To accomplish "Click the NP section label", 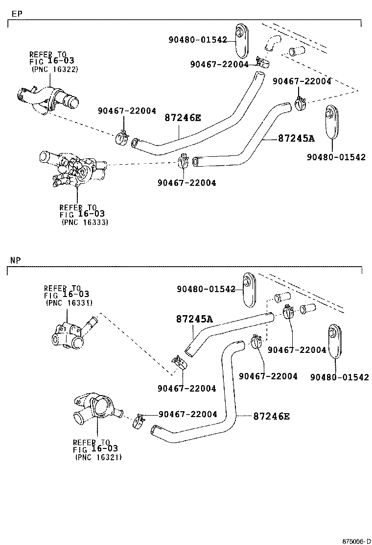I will click(16, 260).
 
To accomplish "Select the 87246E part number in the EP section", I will click(183, 118).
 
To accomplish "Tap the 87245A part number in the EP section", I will click(296, 138).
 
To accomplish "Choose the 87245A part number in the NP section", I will click(194, 319).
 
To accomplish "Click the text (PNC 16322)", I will click(54, 69).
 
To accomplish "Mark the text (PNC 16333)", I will click(85, 222).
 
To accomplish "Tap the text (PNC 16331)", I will click(69, 302).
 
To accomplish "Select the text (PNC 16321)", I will click(98, 457).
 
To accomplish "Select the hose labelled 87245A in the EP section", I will click(245, 147).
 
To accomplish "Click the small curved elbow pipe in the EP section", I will click(271, 43).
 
